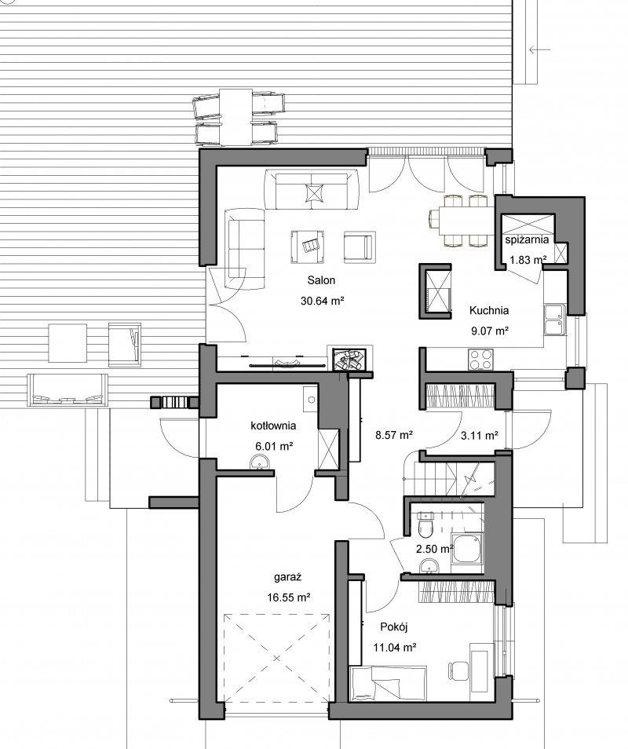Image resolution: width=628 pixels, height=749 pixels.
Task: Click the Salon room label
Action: coord(321,280)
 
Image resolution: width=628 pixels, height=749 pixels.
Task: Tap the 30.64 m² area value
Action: coord(323,301)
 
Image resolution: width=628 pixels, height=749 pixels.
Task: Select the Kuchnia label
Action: coord(488,310)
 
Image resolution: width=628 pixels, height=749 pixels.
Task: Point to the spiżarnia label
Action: coord(528,239)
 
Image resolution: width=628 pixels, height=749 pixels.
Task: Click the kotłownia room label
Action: coord(274,426)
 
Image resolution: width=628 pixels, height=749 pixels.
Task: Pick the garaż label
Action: coord(288,578)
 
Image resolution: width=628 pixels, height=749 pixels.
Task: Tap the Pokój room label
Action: coord(394,627)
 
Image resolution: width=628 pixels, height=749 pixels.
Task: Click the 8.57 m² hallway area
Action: coord(394,435)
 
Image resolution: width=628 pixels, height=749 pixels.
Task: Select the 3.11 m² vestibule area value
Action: coord(480,436)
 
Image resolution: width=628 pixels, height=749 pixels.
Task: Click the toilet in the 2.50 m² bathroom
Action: coord(425,524)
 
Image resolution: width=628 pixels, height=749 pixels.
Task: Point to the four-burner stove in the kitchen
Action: coord(481,360)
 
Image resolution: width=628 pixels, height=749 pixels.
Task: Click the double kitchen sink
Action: coord(555,320)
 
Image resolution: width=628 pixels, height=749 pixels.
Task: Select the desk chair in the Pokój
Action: coord(458,670)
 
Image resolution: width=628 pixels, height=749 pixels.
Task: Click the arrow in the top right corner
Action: coord(539,49)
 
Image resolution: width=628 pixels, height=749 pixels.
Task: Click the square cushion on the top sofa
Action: coord(314,193)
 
